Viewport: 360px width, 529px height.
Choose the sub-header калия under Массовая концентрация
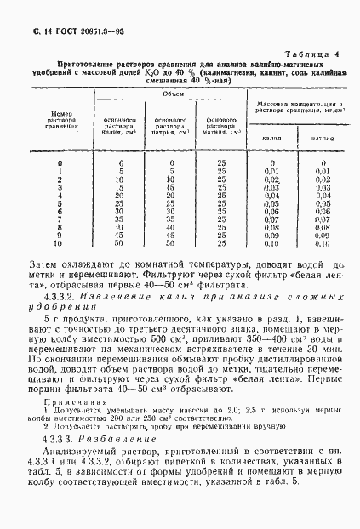271,137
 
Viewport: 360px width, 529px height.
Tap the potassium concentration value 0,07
271,219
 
